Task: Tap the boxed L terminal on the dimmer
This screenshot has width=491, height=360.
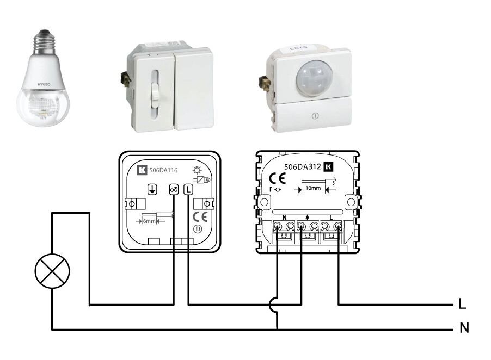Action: (188, 190)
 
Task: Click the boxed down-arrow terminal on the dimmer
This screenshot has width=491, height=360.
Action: (152, 190)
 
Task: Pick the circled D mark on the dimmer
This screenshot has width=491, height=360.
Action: (198, 229)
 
